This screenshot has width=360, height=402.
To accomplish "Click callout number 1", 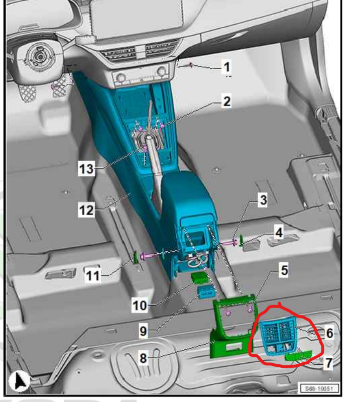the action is click(227, 67).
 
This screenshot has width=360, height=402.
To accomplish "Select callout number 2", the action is click(227, 102).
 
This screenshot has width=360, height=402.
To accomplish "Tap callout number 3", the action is click(263, 200).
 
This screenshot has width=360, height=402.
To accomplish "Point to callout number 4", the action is click(279, 233).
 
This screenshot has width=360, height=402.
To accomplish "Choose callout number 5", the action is click(284, 270).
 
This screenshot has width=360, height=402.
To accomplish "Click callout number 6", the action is click(329, 333).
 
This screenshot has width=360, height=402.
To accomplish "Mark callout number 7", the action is click(329, 363).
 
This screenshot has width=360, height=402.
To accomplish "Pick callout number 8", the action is click(143, 358).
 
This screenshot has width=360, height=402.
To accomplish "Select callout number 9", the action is click(143, 331).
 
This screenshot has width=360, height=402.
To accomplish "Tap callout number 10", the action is click(140, 306).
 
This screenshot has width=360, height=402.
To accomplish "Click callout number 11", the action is click(92, 276).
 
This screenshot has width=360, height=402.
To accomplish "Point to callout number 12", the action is click(86, 210).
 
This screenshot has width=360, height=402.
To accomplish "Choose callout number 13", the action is click(86, 169).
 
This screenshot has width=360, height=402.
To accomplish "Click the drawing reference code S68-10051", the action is click(319, 388).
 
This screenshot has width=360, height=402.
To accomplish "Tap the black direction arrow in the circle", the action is click(20, 380).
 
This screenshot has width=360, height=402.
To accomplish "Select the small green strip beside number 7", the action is click(299, 356).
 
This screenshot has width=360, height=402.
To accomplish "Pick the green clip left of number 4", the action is click(241, 241).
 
